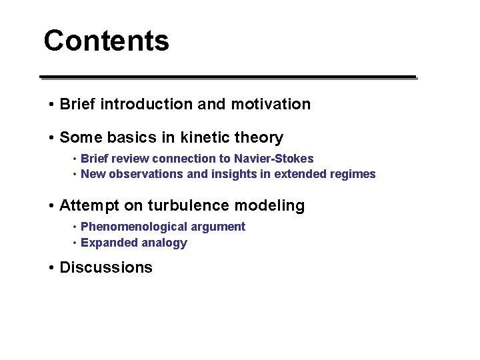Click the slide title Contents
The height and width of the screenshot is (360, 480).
pyautogui.click(x=106, y=41)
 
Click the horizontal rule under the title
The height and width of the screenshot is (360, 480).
pyautogui.click(x=227, y=77)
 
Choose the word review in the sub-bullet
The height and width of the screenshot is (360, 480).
pyautogui.click(x=132, y=159)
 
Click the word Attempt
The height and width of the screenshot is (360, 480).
pyautogui.click(x=87, y=206)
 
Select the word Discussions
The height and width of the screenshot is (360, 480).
pyautogui.click(x=106, y=268)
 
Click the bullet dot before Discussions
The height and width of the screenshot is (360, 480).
pyautogui.click(x=51, y=268)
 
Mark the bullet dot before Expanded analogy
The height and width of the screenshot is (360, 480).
pyautogui.click(x=75, y=243)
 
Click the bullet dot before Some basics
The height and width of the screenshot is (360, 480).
pyautogui.click(x=51, y=138)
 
